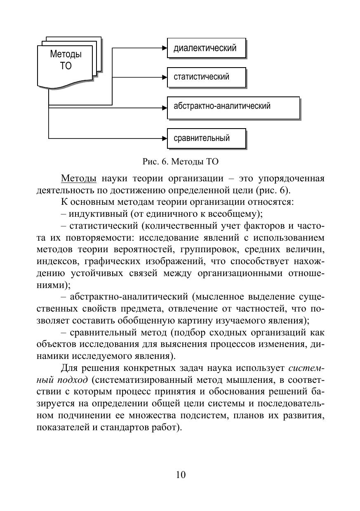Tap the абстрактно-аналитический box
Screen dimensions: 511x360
click(x=233, y=107)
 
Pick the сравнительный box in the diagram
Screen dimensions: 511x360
click(x=206, y=138)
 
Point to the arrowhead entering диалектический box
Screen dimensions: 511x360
click(x=164, y=48)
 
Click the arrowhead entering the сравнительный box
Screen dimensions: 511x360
click(x=164, y=138)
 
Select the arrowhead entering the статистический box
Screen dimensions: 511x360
click(x=164, y=77)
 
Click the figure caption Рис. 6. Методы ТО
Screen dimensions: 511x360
click(x=180, y=162)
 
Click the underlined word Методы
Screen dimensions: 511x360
click(x=78, y=179)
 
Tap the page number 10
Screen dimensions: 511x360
click(x=181, y=474)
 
